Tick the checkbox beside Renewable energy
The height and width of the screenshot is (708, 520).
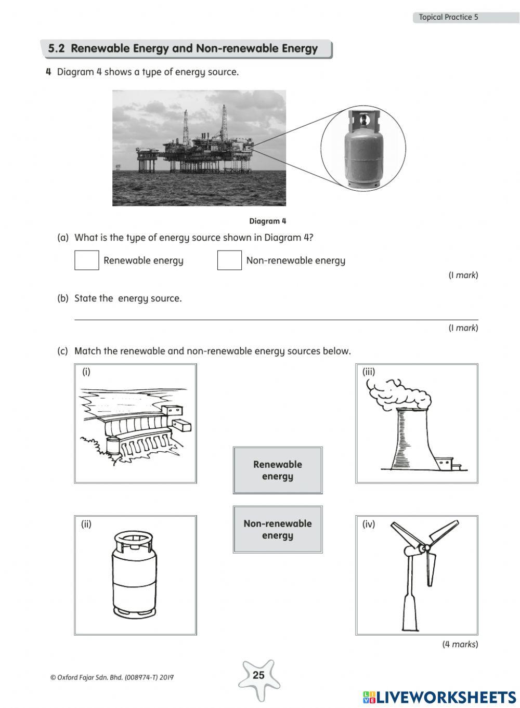pos(86,260)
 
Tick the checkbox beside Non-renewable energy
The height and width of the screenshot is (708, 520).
pos(229,260)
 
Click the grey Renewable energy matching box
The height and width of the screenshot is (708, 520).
pos(278,470)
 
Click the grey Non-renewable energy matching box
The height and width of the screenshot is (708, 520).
pos(278,529)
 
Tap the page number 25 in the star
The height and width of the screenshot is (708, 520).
pos(258,675)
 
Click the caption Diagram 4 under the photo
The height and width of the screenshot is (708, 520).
pos(268,221)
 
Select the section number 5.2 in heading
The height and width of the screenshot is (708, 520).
pos(56,49)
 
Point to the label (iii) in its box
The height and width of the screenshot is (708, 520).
pos(369,372)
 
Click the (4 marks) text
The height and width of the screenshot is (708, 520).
pos(460,644)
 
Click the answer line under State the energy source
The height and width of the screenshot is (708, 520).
pos(276,319)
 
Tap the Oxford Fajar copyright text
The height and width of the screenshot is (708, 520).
pos(112,677)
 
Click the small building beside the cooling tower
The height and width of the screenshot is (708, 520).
pos(445,463)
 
